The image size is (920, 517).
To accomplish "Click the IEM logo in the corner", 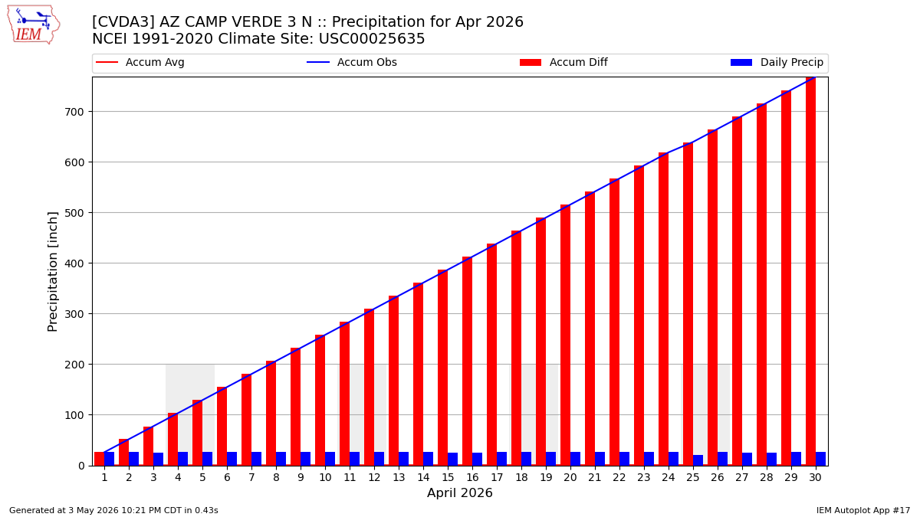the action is [34, 25].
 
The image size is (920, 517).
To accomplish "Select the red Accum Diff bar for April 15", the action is [443, 368].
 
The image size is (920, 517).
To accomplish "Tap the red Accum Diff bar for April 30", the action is [811, 271].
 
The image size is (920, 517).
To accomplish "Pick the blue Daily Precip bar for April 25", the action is [698, 460].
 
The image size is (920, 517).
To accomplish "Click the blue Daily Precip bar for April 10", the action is [330, 459].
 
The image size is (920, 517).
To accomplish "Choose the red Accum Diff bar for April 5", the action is [197, 433].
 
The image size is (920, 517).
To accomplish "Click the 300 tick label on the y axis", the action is [74, 314].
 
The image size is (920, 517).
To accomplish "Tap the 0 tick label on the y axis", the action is [81, 466].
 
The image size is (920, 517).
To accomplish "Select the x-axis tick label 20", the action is [570, 478].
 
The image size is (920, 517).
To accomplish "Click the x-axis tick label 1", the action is [104, 478].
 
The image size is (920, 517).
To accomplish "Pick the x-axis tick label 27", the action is [742, 478].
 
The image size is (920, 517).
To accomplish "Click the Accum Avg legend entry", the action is [140, 62].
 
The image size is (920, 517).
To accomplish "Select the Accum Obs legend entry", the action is [352, 62].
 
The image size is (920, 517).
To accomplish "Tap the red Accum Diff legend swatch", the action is [531, 62].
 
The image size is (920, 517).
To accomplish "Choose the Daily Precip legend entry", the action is [777, 62].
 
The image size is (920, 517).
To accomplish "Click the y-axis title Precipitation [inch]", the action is [53, 272].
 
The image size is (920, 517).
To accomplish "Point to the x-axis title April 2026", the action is [459, 492].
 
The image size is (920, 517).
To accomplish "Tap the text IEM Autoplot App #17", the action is [863, 510].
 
